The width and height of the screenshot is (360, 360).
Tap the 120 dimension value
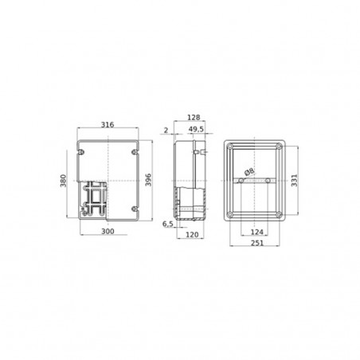pyautogui.click(x=193, y=235)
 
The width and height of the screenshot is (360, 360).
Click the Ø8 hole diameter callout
pyautogui.click(x=249, y=172)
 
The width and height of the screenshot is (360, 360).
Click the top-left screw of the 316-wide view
pyautogui.click(x=82, y=149)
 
